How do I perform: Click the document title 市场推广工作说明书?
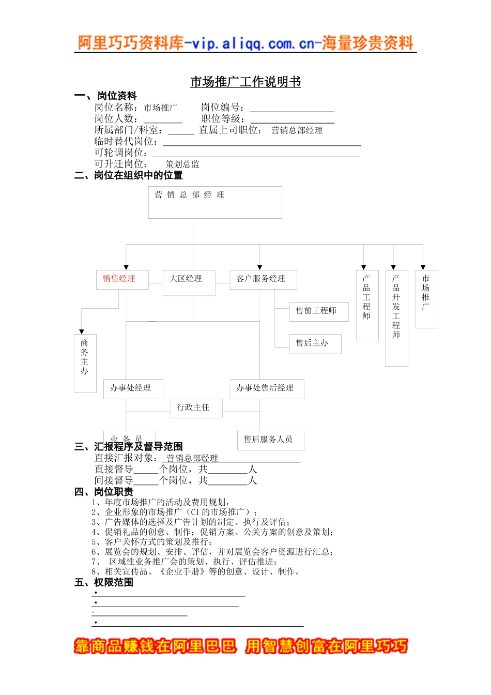(x=245, y=82)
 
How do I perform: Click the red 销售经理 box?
(x=122, y=279)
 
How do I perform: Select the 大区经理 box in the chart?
(x=189, y=282)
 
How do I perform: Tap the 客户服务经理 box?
(x=264, y=279)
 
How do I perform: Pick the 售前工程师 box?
(x=315, y=312)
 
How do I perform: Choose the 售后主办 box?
(x=315, y=344)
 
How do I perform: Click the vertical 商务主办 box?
(x=85, y=362)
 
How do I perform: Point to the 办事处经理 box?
(x=133, y=389)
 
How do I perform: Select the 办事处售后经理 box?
(x=267, y=389)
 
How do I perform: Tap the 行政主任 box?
(x=196, y=408)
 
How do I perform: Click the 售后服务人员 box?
(x=270, y=440)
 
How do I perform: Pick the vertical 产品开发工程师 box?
(x=396, y=318)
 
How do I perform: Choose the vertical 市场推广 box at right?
(x=426, y=299)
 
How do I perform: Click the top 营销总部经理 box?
(x=215, y=202)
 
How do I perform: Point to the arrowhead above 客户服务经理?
(x=260, y=267)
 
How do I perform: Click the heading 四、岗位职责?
(x=103, y=492)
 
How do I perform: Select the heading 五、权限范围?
(x=103, y=582)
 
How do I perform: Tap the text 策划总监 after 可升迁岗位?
(x=182, y=164)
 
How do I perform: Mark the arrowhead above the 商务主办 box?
(x=82, y=331)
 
